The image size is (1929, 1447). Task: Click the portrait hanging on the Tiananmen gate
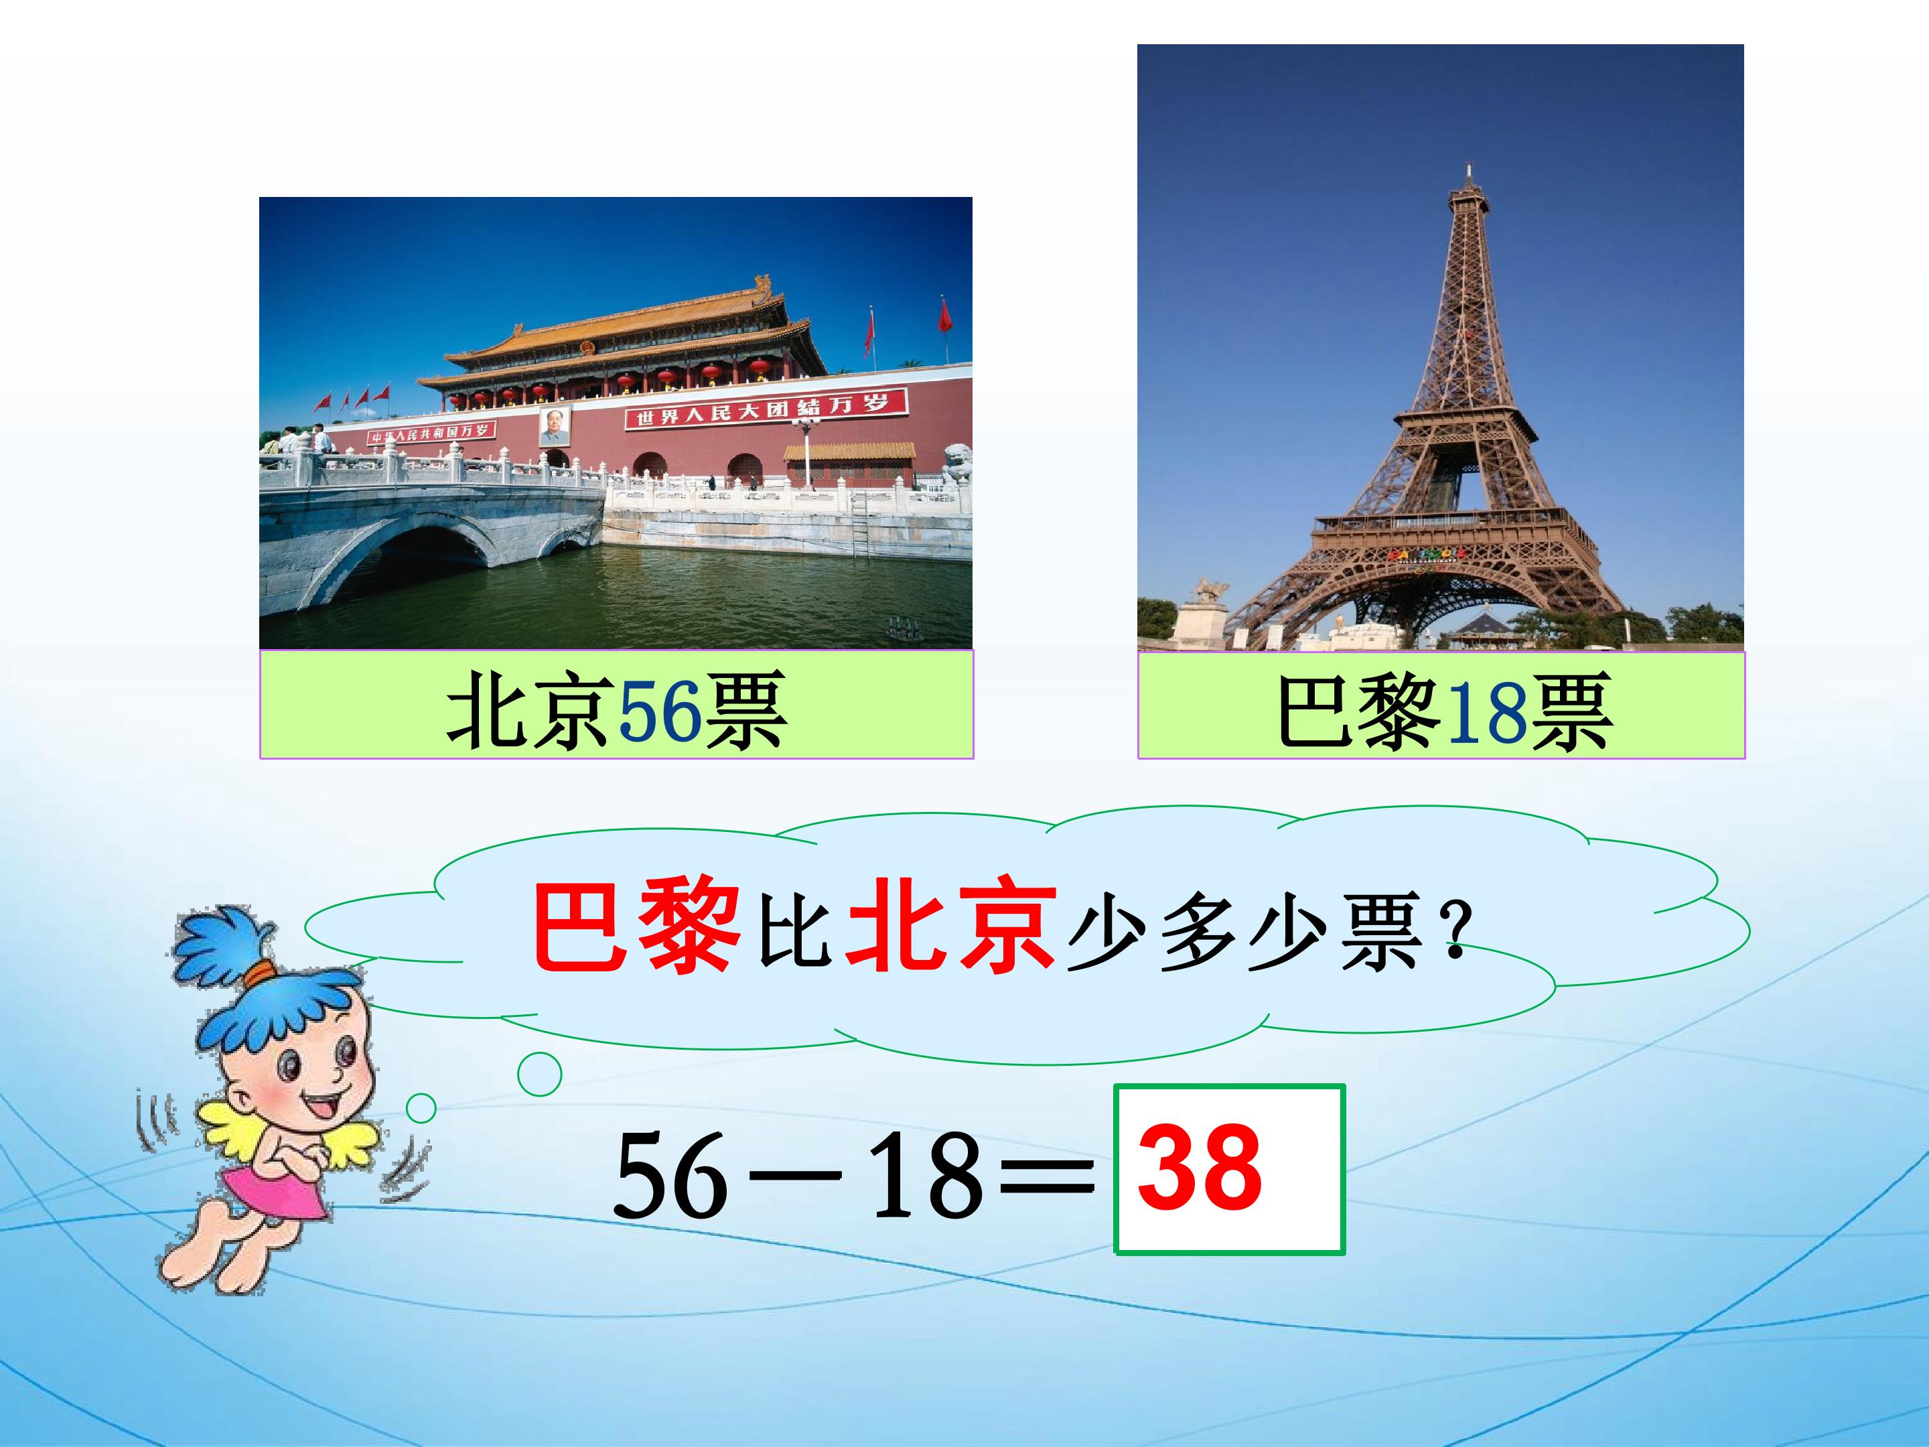point(555,425)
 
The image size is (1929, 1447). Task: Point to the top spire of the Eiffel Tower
point(1469,174)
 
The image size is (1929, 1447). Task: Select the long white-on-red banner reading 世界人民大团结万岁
point(766,410)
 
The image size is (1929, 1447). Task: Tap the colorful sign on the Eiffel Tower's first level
point(1423,554)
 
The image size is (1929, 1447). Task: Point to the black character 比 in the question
point(794,932)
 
